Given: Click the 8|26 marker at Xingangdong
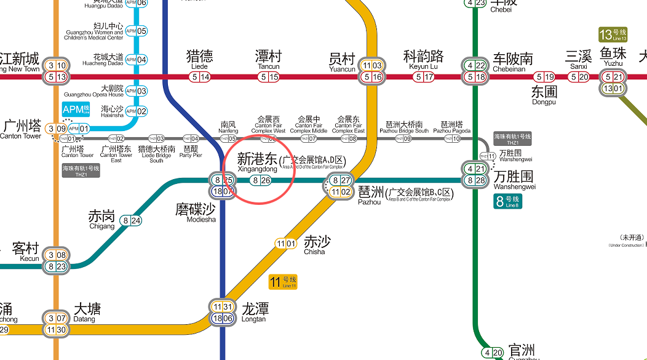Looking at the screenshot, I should [261, 180].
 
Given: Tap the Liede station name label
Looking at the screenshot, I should [199, 60].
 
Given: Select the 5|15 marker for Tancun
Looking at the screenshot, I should [269, 77].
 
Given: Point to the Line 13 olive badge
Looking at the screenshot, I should [613, 34].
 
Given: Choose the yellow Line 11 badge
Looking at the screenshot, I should [283, 282].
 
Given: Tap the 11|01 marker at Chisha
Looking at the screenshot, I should [286, 244].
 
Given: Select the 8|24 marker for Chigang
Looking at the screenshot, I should [131, 221].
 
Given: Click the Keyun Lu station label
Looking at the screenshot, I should [423, 60].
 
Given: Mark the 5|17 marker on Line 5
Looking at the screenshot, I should [424, 77].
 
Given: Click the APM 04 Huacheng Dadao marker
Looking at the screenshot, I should [136, 60].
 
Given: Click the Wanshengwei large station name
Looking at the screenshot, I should [515, 177].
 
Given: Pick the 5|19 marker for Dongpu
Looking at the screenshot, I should [544, 77].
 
